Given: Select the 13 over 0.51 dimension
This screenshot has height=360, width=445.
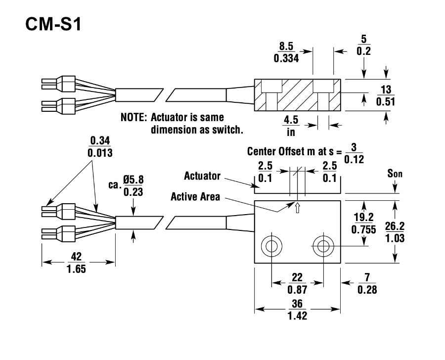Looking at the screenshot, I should click(x=386, y=95).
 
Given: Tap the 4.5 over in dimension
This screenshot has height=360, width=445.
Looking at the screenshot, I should click(x=290, y=125).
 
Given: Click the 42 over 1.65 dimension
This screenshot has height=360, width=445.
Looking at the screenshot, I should click(x=76, y=263).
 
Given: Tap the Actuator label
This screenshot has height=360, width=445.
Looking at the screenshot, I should click(x=202, y=176).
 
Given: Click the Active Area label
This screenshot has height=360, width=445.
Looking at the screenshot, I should click(x=195, y=196).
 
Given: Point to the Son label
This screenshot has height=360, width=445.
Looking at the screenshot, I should click(x=395, y=174).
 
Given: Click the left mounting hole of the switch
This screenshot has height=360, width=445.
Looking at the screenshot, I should click(x=271, y=245).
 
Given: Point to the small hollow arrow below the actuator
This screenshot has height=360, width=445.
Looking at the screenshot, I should click(x=297, y=209).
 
